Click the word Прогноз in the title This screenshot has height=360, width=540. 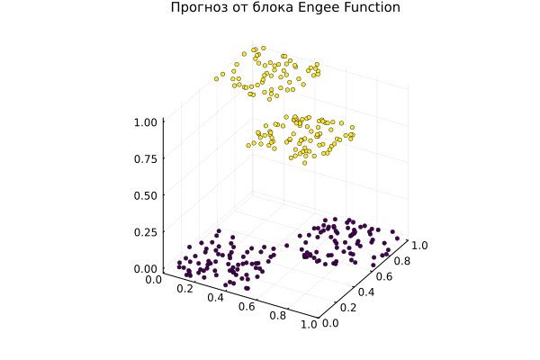[x=200, y=8]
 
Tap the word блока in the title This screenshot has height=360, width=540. [x=272, y=8]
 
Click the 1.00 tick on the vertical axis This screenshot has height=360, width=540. [x=145, y=121]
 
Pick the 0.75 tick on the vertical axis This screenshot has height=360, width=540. [x=145, y=158]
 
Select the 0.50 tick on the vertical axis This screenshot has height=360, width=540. [x=145, y=195]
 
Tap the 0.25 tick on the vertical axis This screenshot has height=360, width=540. [x=145, y=232]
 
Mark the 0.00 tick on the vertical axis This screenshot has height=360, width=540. [x=145, y=268]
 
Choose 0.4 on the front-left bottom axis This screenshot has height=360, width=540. [x=216, y=298]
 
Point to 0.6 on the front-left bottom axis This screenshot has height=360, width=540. [x=247, y=308]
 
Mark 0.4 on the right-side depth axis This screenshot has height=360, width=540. [x=366, y=291]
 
